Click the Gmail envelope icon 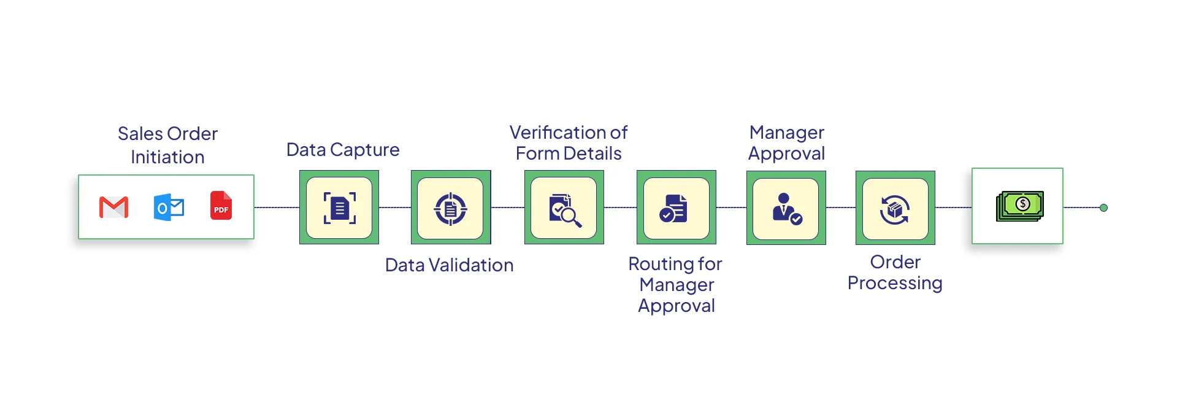click(113, 207)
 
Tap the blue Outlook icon click(169, 207)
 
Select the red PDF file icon click(221, 206)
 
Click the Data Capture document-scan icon click(339, 208)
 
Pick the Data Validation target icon click(451, 209)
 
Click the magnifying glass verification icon click(564, 209)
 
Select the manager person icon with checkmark click(786, 209)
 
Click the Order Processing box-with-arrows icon click(895, 209)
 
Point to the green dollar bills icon click(1019, 206)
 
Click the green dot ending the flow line click(1103, 208)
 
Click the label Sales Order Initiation click(167, 145)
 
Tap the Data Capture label click(343, 150)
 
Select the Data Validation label click(449, 265)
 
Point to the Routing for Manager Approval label click(676, 285)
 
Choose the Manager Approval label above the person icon click(786, 143)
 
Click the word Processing click(895, 283)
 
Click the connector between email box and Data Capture click(277, 207)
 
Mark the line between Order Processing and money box click(953, 207)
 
